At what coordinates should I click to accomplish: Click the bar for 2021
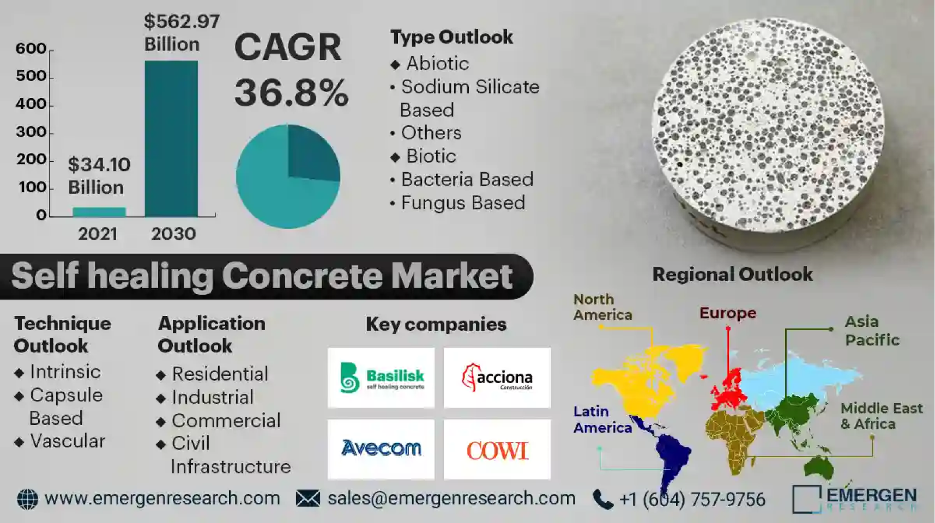click(99, 212)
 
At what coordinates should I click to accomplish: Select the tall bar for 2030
click(171, 139)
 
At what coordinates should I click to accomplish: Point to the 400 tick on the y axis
click(31, 104)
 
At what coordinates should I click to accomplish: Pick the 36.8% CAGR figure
click(291, 93)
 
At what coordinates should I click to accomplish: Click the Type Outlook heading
click(451, 37)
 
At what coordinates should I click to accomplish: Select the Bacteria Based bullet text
click(467, 179)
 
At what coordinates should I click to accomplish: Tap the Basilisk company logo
click(381, 378)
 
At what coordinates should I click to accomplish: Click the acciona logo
click(497, 378)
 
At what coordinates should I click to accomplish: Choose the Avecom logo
click(381, 449)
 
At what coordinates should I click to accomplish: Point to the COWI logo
click(497, 449)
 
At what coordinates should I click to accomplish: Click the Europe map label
click(728, 313)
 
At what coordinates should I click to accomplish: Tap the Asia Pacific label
click(872, 331)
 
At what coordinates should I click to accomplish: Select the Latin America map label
click(602, 419)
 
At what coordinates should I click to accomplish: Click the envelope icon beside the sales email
click(308, 498)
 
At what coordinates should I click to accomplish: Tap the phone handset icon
click(603, 499)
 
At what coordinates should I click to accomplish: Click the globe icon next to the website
click(27, 499)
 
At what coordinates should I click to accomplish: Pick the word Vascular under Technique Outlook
click(68, 441)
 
